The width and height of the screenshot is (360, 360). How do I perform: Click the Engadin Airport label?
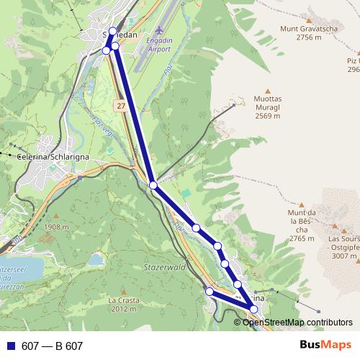pos(159,45)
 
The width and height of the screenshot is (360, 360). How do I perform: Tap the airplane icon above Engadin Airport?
pos(159,32)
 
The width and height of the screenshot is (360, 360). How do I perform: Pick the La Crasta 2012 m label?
pos(122,304)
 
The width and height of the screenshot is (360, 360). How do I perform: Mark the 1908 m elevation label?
pos(55,227)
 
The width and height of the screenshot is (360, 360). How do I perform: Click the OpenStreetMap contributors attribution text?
pos(297,322)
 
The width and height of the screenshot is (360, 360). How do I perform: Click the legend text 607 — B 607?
pos(52,346)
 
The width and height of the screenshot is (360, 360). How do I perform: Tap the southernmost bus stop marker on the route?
pos(253,309)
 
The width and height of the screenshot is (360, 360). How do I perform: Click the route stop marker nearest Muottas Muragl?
pos(153,185)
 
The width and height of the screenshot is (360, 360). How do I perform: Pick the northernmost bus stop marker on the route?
pos(112,31)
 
